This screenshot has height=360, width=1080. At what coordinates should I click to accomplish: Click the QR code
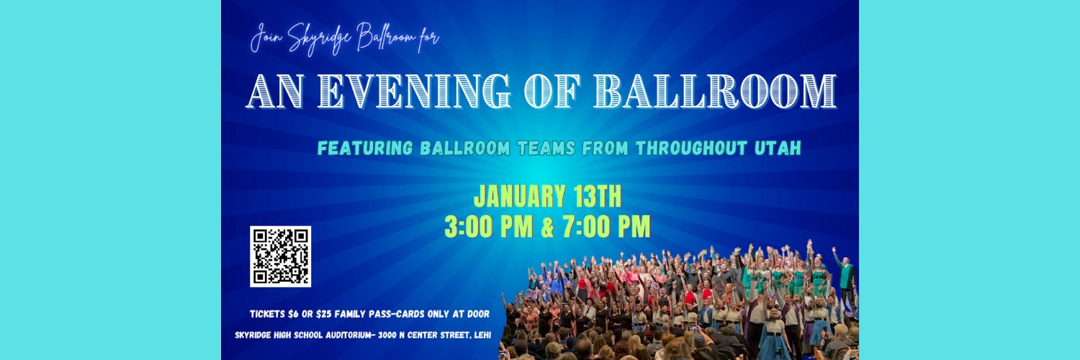(280, 256)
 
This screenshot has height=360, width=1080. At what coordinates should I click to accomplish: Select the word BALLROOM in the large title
(715, 91)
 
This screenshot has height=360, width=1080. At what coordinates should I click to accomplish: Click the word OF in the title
(552, 91)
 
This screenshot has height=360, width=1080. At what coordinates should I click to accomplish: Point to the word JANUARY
(519, 197)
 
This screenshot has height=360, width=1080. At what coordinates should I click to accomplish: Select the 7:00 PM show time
(606, 227)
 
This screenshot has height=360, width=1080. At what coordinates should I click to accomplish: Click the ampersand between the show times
(547, 227)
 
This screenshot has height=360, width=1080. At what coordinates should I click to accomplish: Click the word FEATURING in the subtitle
(365, 148)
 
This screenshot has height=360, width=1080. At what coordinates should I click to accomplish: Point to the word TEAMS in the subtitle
(546, 148)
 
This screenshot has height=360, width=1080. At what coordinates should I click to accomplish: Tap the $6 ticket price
(292, 314)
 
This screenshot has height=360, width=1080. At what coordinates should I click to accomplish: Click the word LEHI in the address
(482, 335)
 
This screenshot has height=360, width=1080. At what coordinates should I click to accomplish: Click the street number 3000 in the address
(387, 335)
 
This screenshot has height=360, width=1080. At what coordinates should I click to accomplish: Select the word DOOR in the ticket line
(479, 314)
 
